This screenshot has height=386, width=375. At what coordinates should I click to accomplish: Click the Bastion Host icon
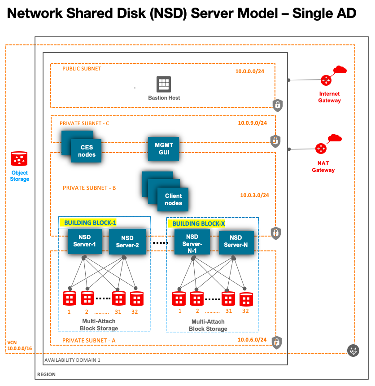point(164,84)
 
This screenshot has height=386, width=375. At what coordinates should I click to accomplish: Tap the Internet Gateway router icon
point(326,81)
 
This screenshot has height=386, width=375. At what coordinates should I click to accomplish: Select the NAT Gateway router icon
point(321,149)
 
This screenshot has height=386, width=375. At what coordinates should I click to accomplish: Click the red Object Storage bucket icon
point(19,159)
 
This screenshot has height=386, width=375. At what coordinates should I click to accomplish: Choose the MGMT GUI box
point(164,149)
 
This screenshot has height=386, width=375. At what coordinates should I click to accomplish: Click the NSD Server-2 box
point(127,241)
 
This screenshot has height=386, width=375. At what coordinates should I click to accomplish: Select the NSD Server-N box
point(236,241)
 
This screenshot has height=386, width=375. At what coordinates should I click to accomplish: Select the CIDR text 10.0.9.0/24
point(252,123)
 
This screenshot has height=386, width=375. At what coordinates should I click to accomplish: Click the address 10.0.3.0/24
point(255,195)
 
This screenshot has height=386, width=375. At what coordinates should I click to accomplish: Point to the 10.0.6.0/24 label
point(253,340)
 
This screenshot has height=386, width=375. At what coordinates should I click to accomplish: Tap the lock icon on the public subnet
point(278,105)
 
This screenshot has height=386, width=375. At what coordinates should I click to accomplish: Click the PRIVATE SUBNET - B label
point(89,188)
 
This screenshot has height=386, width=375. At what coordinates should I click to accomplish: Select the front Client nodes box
point(173,199)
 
